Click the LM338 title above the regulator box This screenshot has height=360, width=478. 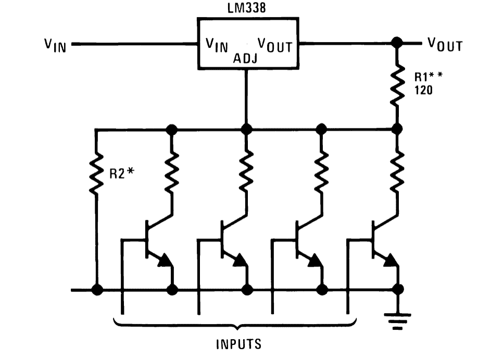(x=247, y=8)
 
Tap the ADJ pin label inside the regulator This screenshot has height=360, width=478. (x=245, y=58)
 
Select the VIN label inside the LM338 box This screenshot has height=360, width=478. (x=217, y=45)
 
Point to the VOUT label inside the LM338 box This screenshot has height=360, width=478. (x=275, y=45)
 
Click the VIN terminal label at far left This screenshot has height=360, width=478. (x=55, y=45)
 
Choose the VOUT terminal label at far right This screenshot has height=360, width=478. (x=445, y=44)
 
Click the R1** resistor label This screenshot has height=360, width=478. (x=428, y=77)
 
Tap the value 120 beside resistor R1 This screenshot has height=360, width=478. (x=423, y=90)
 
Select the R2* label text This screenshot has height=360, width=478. (x=122, y=173)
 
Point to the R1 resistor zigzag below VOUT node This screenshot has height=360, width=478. (x=397, y=85)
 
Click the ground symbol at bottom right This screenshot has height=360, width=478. (x=397, y=321)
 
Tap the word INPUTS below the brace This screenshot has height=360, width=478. (x=238, y=344)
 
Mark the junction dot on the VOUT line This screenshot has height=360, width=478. (x=397, y=43)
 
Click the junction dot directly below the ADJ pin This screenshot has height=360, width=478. (x=246, y=129)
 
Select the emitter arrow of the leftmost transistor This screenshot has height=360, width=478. (x=165, y=260)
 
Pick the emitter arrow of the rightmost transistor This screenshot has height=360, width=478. (x=391, y=260)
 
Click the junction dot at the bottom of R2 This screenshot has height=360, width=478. (x=97, y=290)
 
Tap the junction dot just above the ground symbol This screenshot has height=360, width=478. (x=397, y=289)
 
